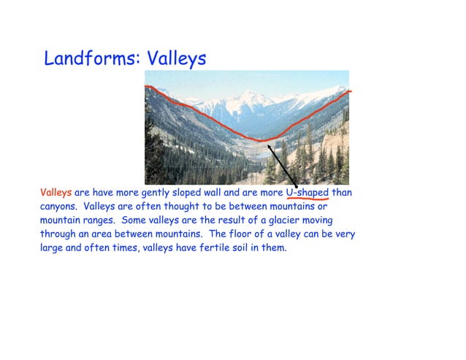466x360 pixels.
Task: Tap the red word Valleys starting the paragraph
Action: tap(56, 193)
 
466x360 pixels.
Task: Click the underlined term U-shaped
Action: tap(307, 193)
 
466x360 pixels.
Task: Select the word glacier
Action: tap(297, 220)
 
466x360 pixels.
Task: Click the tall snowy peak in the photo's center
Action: tap(252, 93)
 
